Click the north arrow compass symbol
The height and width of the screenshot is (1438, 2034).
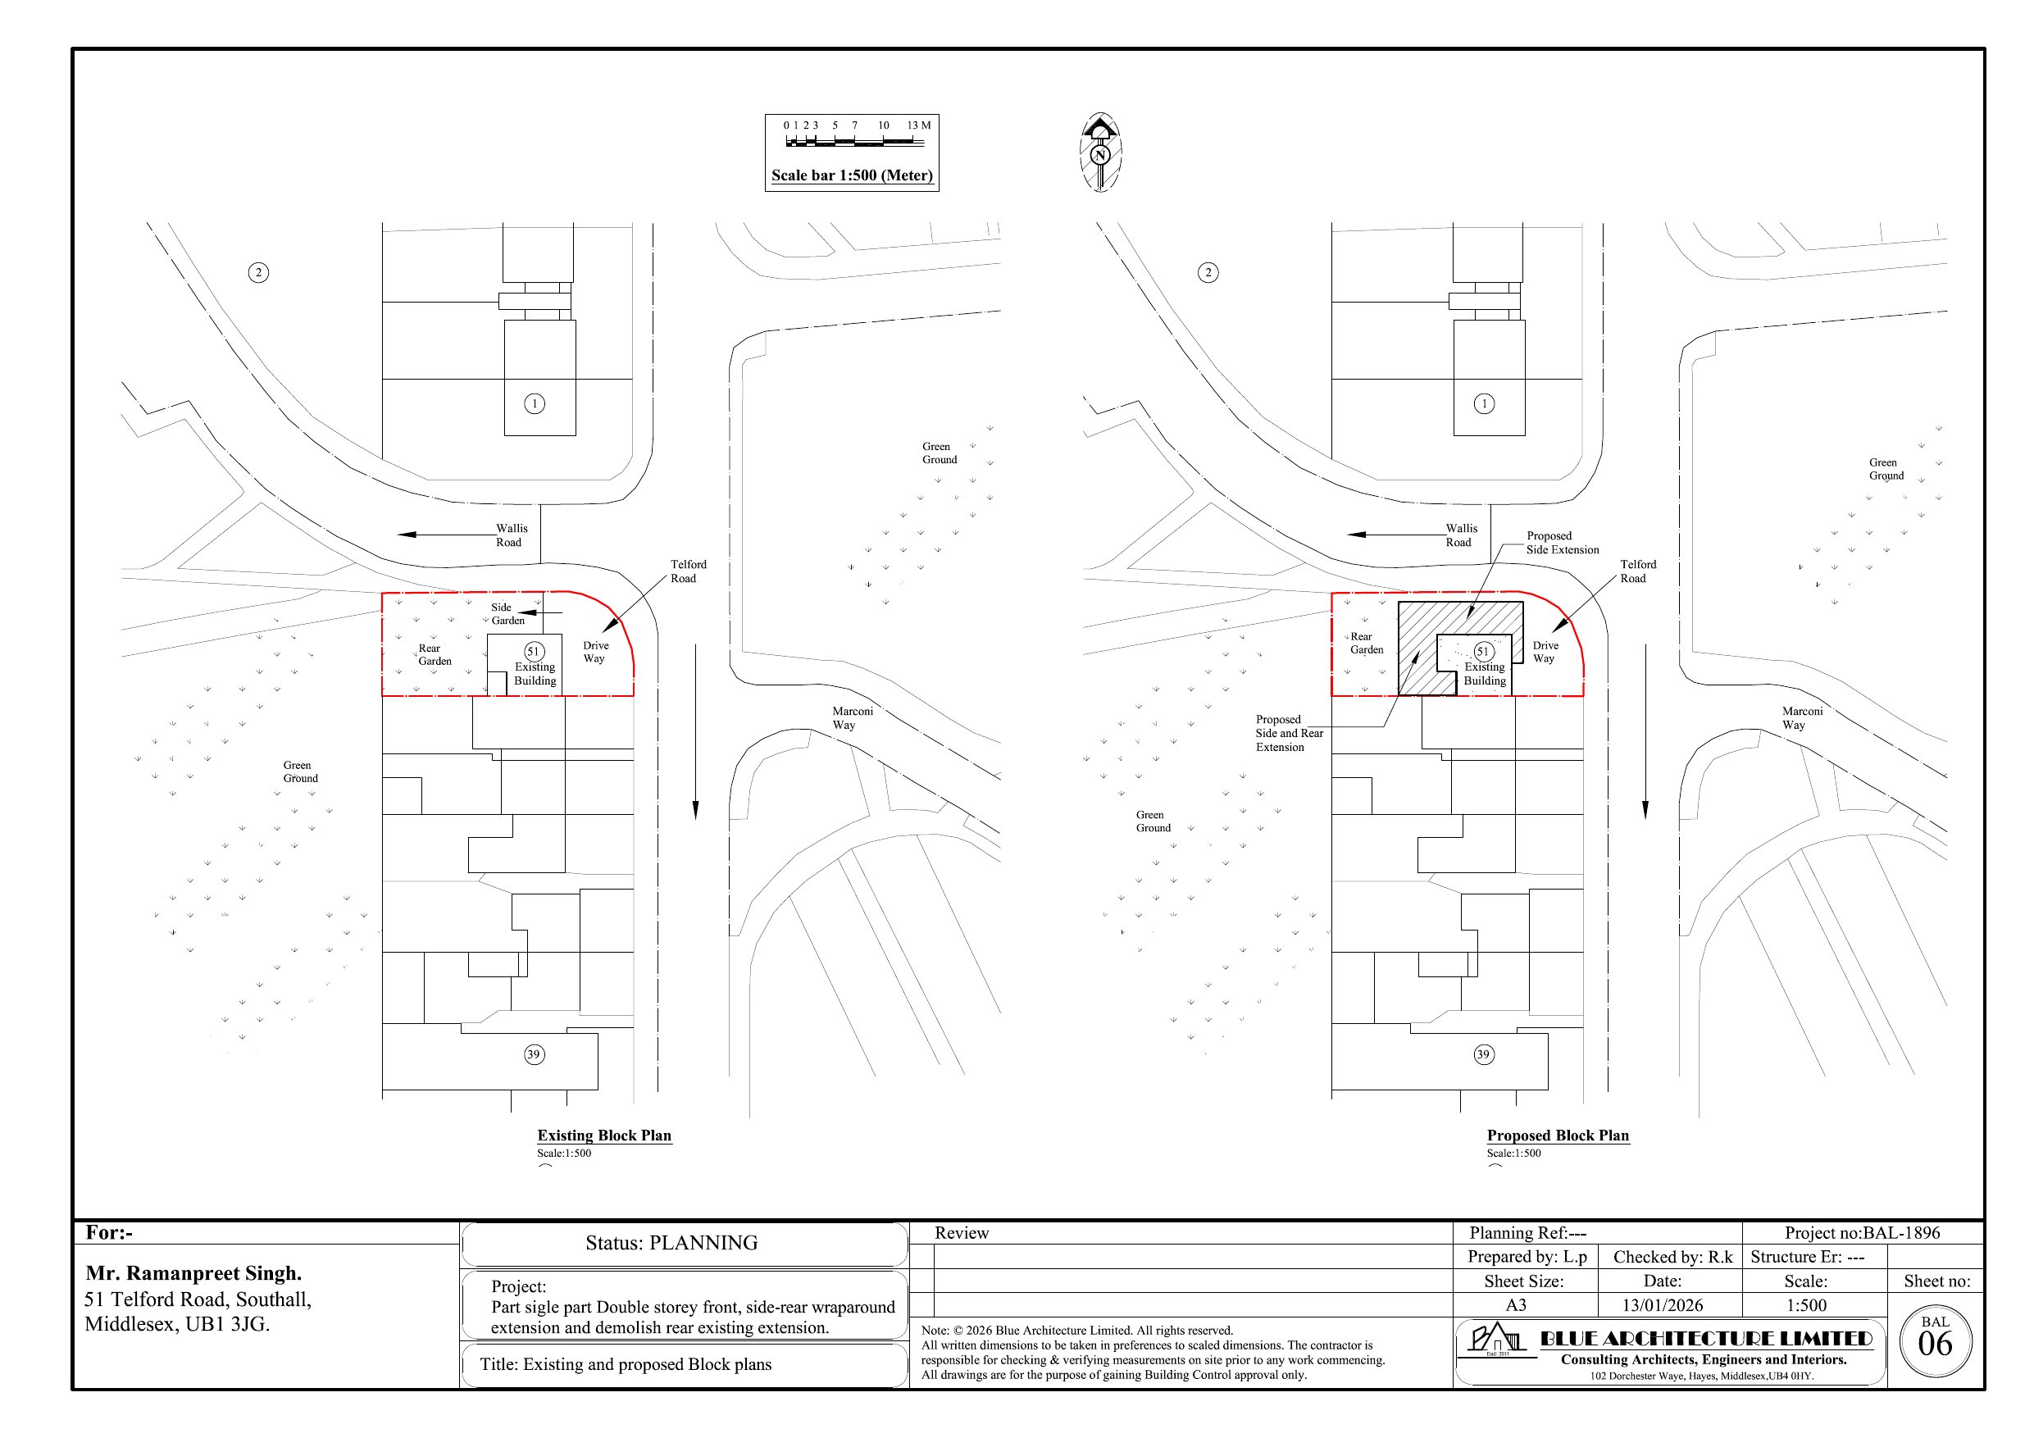[1100, 152]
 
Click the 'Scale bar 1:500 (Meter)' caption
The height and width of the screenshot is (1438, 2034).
[851, 175]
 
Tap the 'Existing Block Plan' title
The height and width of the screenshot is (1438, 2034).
[604, 1135]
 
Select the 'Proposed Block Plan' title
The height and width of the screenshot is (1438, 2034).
[1558, 1135]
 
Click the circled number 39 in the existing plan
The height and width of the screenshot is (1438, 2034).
[534, 1054]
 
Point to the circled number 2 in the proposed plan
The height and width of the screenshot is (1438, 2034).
[1208, 272]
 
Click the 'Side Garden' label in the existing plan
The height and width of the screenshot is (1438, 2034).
[507, 613]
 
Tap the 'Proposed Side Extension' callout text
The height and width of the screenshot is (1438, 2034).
[1562, 542]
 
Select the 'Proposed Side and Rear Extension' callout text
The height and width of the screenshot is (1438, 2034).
[1289, 733]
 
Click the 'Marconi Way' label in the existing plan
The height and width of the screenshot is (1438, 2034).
[853, 717]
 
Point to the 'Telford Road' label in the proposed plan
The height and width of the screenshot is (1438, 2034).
[1637, 571]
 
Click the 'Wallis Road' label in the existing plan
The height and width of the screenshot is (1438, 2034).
[511, 535]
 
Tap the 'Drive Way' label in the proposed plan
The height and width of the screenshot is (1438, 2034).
[1545, 651]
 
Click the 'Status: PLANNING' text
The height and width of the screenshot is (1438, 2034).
[671, 1242]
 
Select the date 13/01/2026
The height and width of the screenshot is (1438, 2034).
[1662, 1305]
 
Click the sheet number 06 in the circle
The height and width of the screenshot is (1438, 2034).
[1935, 1344]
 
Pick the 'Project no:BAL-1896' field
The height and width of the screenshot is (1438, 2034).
[1862, 1232]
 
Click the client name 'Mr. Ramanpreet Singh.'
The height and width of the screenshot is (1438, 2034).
[194, 1273]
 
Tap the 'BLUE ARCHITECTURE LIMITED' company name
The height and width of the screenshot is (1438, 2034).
[1706, 1338]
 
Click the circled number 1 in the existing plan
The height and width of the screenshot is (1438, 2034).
[535, 403]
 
